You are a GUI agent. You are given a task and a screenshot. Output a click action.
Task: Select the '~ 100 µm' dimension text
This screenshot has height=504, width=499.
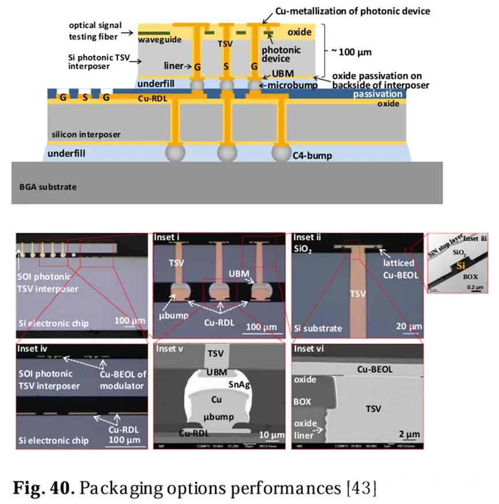point(351,51)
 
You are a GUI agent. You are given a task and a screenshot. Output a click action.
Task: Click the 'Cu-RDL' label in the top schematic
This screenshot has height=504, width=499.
point(152,99)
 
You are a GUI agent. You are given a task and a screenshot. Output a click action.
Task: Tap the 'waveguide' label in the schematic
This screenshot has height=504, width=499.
point(156,39)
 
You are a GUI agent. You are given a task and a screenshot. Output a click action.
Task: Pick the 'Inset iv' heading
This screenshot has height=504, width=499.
point(33,349)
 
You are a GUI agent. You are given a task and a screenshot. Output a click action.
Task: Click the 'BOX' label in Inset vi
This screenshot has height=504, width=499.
point(303,400)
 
